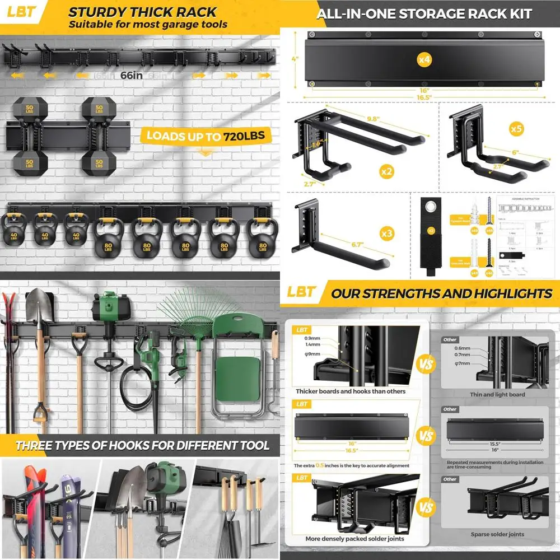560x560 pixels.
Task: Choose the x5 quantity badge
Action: click(516, 128)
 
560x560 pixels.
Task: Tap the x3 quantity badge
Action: click(386, 232)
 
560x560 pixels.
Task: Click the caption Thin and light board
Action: click(497, 395)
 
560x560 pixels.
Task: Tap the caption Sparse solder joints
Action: click(497, 535)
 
